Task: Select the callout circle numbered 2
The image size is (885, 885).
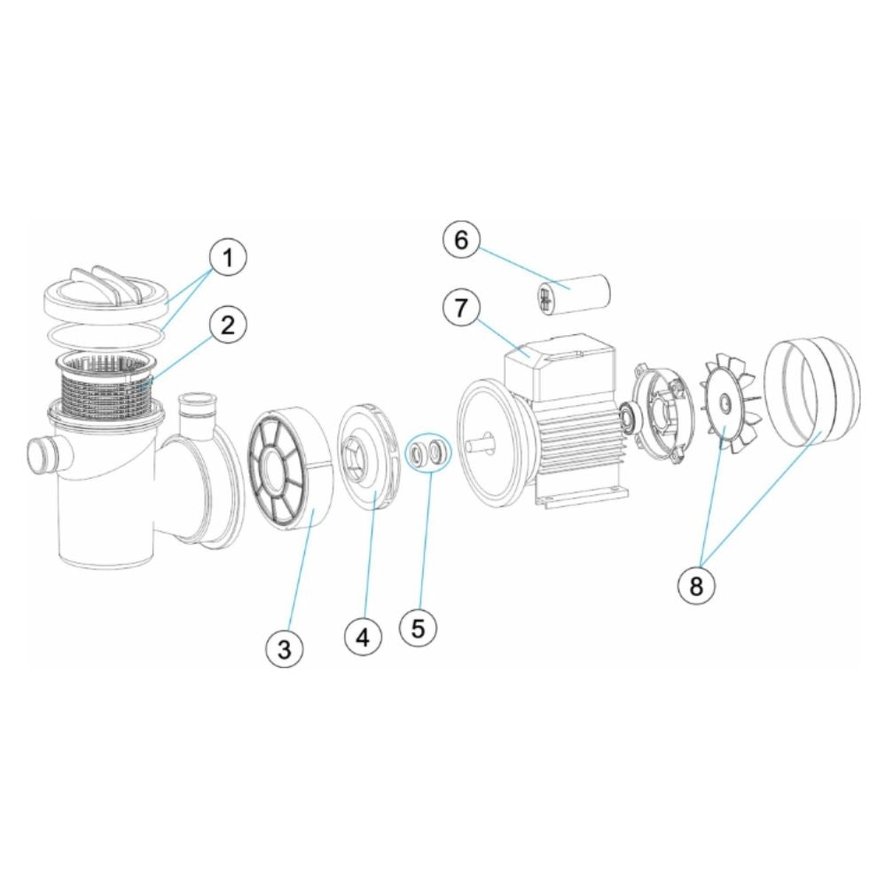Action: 228,325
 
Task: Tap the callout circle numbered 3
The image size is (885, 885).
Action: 284,650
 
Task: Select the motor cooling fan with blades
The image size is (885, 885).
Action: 724,403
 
